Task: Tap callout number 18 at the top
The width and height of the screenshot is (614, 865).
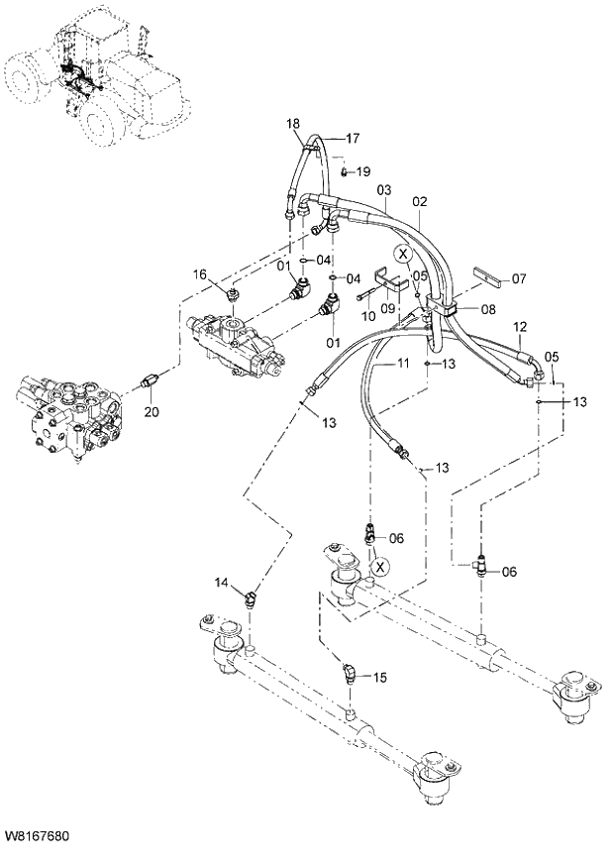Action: (293, 123)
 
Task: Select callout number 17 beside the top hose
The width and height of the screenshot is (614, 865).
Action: (353, 138)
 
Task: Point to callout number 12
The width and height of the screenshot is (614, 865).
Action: (521, 325)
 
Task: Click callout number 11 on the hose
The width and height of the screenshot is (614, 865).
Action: (403, 365)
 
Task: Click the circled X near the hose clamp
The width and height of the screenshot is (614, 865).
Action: (401, 254)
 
